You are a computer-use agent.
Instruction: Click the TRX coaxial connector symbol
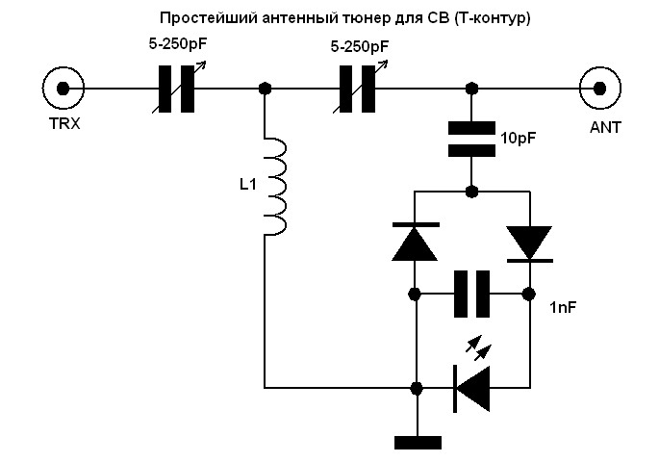click(63, 89)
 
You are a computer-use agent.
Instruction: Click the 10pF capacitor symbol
click(471, 139)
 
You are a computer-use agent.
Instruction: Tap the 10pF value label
click(519, 139)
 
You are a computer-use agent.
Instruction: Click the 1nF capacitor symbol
click(471, 293)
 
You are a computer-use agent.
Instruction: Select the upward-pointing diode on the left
click(416, 241)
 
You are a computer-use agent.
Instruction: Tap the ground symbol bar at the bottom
click(418, 442)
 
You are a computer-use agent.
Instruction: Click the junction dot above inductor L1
click(266, 89)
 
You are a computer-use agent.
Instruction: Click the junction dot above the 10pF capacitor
click(471, 89)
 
